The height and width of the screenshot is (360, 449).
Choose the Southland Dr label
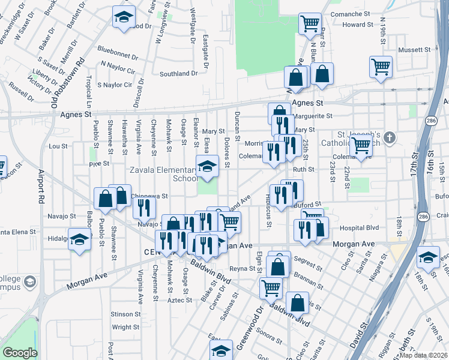(178, 74)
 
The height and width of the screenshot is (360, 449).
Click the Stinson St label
(125, 314)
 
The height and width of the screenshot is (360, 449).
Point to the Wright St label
(126, 328)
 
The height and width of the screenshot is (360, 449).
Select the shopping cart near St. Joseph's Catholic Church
(361, 145)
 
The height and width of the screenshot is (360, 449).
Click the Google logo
(19, 353)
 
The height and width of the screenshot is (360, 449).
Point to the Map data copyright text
(423, 355)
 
